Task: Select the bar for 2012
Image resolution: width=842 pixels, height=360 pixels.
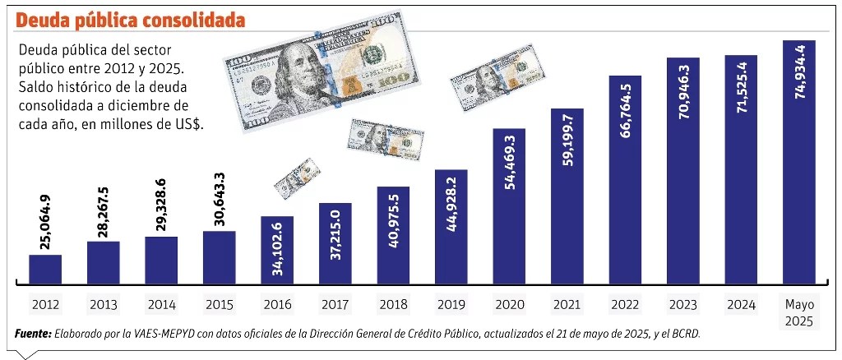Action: pos(45,268)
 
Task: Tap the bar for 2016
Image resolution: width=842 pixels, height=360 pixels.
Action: pos(277,249)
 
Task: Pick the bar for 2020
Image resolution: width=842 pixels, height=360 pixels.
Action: pos(509,205)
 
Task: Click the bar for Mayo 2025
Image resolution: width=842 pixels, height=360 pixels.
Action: pos(798,160)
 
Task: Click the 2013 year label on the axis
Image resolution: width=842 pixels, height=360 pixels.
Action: pos(103,304)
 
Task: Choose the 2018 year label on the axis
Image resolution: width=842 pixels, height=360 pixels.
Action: pos(393,304)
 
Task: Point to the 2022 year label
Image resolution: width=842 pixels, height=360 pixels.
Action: pos(625,304)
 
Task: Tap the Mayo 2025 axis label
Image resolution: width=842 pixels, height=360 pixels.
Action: pos(798,310)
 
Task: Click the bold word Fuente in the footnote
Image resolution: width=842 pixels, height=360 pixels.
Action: pos(32,334)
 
